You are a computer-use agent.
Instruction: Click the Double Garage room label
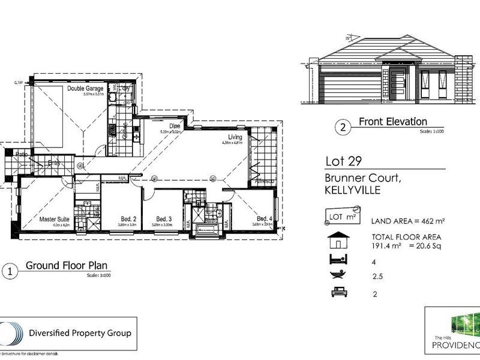(85, 89)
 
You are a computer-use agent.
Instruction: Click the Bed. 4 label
(265, 218)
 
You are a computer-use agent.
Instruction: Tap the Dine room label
(175, 126)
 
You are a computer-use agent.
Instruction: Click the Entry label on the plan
(55, 162)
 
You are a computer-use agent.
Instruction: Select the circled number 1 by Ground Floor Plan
(8, 271)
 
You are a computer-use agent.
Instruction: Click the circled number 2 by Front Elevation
(343, 127)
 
